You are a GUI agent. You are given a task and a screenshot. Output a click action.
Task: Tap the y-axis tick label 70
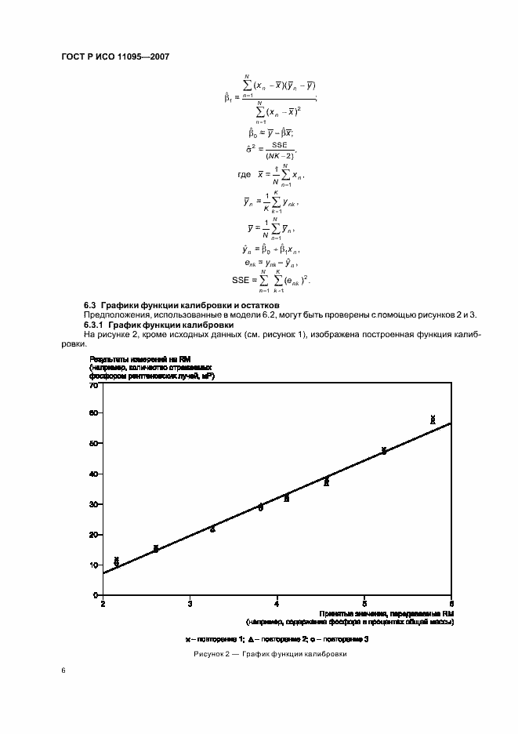93,387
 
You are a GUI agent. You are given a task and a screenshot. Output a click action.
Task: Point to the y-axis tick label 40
93,474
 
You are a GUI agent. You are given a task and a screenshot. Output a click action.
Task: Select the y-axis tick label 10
93,565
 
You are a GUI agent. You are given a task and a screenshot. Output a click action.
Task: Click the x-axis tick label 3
190,603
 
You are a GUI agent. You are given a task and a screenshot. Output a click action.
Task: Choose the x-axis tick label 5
364,603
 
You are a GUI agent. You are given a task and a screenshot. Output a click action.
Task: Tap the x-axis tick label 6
451,603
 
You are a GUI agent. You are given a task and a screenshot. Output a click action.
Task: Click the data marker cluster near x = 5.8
433,420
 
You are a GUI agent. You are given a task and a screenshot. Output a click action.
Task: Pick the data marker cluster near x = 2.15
117,561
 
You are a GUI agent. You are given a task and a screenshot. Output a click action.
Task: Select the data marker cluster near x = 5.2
384,451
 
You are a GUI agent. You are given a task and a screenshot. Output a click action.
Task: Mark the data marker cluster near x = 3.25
212,529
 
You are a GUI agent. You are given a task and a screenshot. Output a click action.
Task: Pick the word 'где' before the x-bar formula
244,176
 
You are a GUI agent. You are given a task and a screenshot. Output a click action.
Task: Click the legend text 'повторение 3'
346,640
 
